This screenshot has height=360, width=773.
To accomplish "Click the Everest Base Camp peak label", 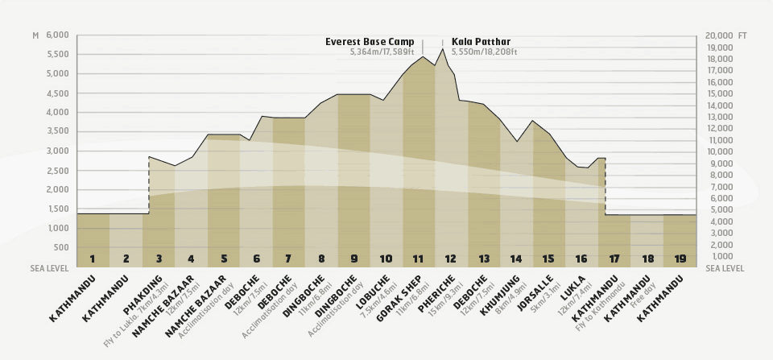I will tap(370, 42).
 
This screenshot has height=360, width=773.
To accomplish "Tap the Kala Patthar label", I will tap(481, 42).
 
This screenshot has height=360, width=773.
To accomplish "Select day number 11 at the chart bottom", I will tap(418, 259).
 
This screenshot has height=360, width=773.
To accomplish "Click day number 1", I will tap(93, 259).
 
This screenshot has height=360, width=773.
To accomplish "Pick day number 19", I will tap(679, 259).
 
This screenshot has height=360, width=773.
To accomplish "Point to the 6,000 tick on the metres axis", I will tap(58, 35).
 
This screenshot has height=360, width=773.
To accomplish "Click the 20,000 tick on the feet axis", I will tap(719, 35).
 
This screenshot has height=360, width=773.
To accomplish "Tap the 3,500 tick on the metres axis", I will tap(58, 131).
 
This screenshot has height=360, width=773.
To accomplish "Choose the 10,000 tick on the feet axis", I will tap(719, 151).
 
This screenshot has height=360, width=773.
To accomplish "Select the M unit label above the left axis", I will tap(35, 35).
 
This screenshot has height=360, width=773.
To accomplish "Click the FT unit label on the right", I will tap(742, 35).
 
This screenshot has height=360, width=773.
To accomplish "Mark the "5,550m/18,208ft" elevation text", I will tap(484, 52).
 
